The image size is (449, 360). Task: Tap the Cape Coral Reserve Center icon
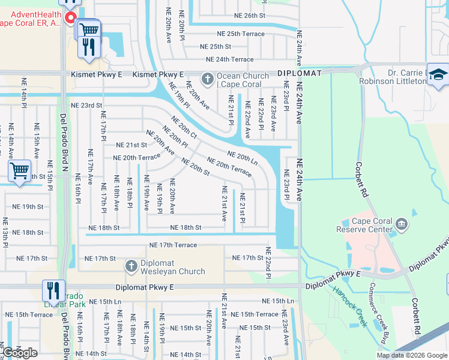402,224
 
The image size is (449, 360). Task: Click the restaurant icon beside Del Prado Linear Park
53,291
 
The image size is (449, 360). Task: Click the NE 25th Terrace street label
237,34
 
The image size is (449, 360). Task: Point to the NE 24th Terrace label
229,59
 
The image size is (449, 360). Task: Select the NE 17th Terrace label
173,245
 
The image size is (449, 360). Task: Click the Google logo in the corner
20,353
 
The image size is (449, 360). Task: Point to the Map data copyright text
412,355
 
